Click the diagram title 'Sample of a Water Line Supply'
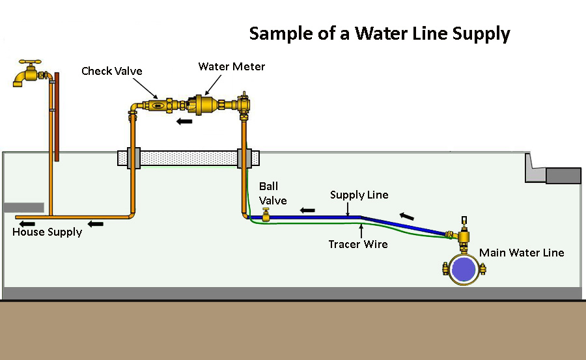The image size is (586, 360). pos(380,35)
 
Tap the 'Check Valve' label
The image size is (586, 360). pos(111,71)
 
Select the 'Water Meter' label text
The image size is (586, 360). pos(232,66)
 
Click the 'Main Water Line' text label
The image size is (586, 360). pos(522,253)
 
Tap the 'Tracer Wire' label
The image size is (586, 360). pos(358,244)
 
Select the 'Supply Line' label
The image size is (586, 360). pos(359,195)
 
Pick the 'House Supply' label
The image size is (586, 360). pos(47,232)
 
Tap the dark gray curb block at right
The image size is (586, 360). pos(563,175)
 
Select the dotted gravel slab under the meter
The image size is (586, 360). pos(189,158)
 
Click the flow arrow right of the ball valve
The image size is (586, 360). pos(308,210)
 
